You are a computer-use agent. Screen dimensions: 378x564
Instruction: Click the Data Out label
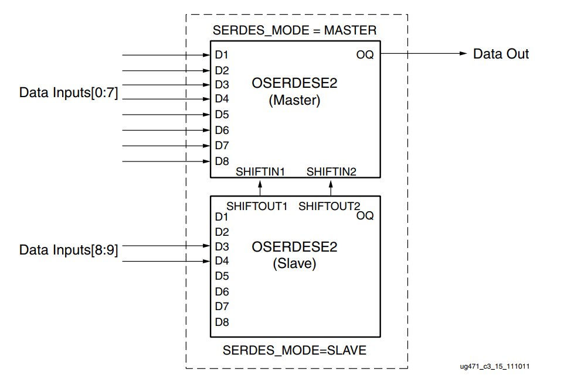[501, 54]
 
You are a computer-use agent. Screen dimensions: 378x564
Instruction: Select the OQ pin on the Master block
[365, 55]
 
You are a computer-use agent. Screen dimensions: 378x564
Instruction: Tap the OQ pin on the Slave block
[365, 216]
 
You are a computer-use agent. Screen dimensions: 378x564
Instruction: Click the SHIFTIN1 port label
[260, 171]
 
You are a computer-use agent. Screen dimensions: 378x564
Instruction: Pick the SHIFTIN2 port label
[331, 171]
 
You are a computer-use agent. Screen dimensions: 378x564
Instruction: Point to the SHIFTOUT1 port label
[256, 206]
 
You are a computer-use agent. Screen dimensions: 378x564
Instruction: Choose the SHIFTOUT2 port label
[329, 206]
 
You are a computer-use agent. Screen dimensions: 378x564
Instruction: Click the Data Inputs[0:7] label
[69, 93]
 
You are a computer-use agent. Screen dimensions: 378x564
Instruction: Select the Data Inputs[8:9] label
[69, 250]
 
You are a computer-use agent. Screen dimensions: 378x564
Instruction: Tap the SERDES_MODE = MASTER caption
[294, 30]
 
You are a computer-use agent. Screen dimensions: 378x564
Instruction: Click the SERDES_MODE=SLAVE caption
[294, 350]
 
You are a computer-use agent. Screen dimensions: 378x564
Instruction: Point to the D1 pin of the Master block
[222, 56]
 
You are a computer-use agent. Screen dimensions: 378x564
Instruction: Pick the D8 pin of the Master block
[222, 161]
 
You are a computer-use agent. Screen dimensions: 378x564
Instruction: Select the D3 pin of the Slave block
[222, 246]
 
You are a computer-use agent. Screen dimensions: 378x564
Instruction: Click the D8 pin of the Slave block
[222, 322]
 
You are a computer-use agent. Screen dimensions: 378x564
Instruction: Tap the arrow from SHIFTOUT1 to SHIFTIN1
[260, 187]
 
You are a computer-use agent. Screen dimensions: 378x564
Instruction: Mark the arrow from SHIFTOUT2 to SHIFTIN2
[331, 187]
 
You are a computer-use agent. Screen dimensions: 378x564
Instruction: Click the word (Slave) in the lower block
[294, 264]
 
